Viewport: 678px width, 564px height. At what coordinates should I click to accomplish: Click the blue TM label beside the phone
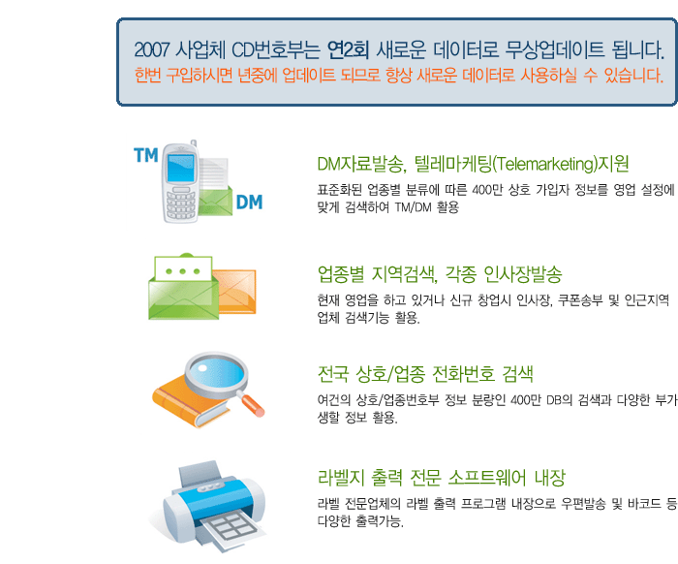click(145, 155)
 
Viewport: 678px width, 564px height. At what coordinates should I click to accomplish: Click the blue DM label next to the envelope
click(250, 202)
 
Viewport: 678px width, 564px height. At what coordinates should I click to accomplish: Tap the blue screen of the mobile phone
click(182, 168)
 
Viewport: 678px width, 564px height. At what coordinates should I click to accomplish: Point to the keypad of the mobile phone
click(180, 204)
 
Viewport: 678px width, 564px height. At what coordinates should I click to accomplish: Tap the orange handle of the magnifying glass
click(253, 406)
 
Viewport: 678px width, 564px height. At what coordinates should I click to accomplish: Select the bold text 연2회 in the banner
click(348, 49)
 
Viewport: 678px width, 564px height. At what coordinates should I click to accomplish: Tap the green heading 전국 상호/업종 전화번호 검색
click(425, 374)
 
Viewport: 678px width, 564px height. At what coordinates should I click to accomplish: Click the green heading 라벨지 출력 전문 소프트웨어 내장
click(442, 478)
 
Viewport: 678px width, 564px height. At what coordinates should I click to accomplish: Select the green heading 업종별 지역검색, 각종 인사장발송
click(440, 274)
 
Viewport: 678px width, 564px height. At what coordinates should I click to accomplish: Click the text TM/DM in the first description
click(413, 207)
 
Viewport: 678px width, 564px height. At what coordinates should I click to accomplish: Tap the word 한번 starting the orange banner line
click(147, 76)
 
